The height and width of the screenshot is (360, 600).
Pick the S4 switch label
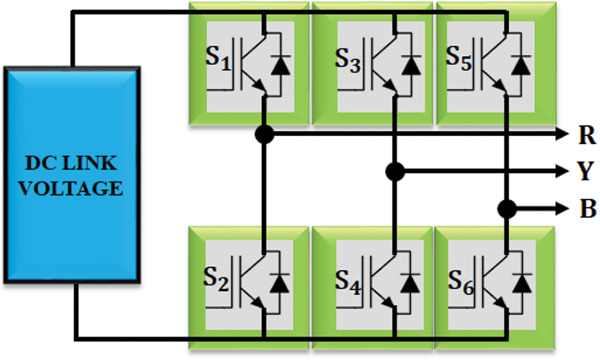(x=348, y=279)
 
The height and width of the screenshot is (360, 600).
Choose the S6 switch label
(x=459, y=279)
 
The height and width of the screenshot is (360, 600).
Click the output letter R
(x=586, y=135)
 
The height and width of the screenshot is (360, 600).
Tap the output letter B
(x=586, y=209)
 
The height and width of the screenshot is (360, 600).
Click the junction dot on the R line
(x=265, y=134)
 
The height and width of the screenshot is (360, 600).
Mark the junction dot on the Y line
(x=395, y=172)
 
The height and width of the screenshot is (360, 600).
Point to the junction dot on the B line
(x=508, y=209)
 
